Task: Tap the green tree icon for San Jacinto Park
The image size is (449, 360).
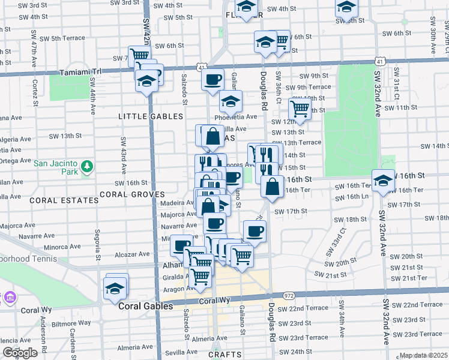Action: pyautogui.click(x=87, y=165)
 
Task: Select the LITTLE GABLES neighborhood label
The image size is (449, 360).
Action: pyautogui.click(x=151, y=116)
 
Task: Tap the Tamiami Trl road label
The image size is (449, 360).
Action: pyautogui.click(x=82, y=72)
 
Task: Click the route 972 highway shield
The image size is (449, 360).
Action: pyautogui.click(x=289, y=296)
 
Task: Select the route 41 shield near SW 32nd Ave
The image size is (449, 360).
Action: pyautogui.click(x=379, y=61)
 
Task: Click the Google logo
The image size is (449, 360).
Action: pyautogui.click(x=20, y=353)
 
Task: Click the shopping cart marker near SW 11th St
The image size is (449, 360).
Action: pyautogui.click(x=300, y=109)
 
